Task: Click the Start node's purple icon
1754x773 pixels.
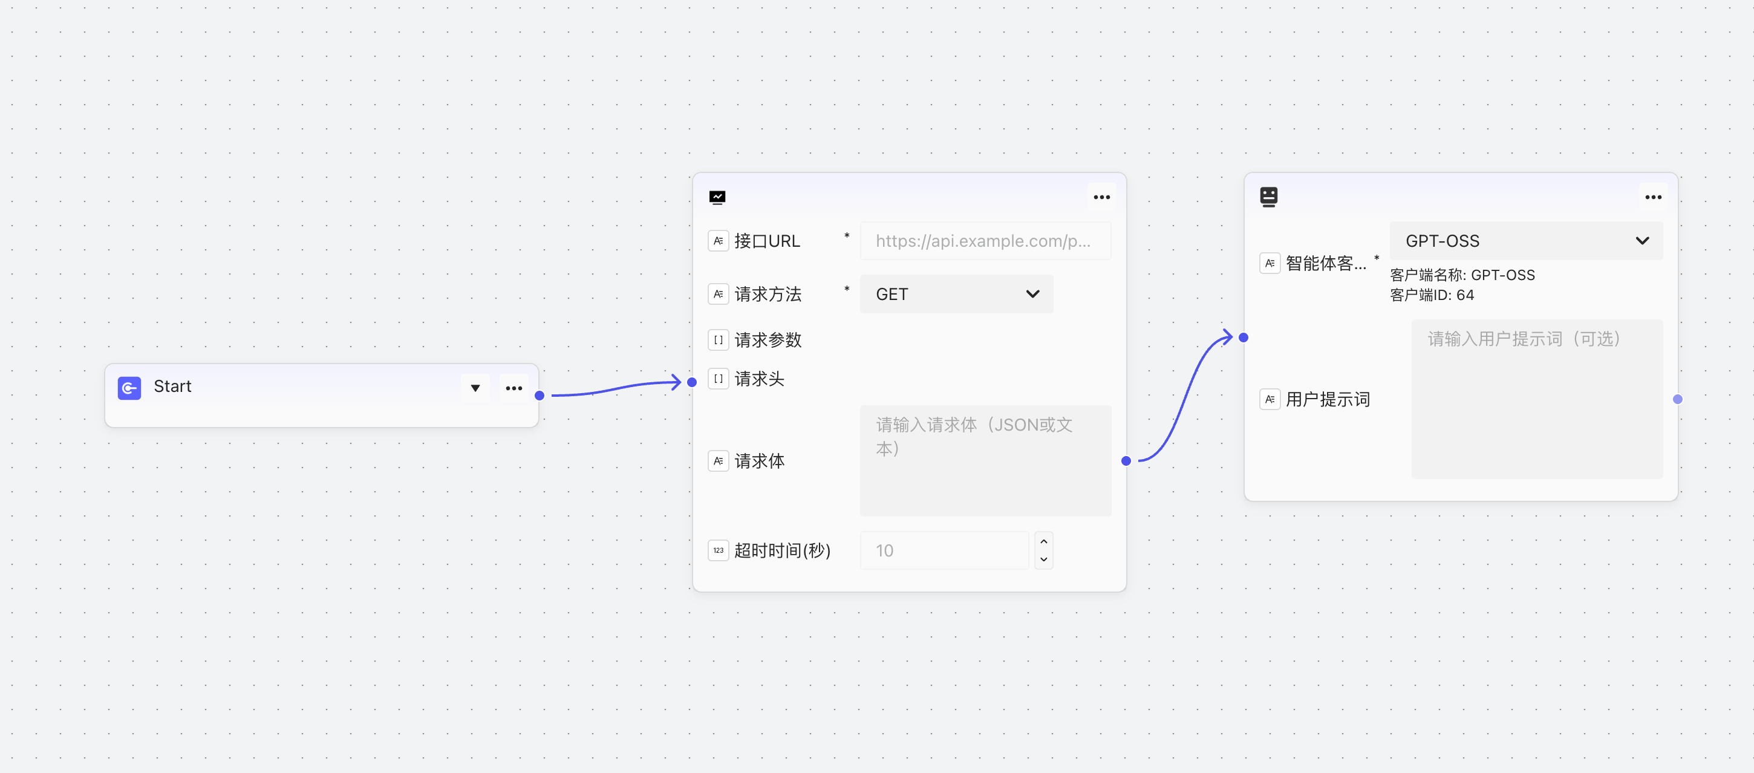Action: tap(129, 388)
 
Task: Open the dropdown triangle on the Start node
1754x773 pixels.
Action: tap(475, 388)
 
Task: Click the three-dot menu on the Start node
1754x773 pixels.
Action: tap(514, 388)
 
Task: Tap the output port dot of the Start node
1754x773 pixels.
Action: tap(540, 395)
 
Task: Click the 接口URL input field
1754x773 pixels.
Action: tap(985, 240)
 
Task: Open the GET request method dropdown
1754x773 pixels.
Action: tap(956, 294)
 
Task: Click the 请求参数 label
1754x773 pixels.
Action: tap(768, 340)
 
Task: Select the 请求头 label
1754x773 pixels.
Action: tap(759, 379)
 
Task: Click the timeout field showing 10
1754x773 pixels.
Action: tap(944, 550)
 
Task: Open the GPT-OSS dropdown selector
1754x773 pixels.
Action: tap(1525, 240)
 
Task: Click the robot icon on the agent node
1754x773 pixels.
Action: tap(1268, 197)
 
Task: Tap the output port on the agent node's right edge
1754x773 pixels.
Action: tap(1678, 399)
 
